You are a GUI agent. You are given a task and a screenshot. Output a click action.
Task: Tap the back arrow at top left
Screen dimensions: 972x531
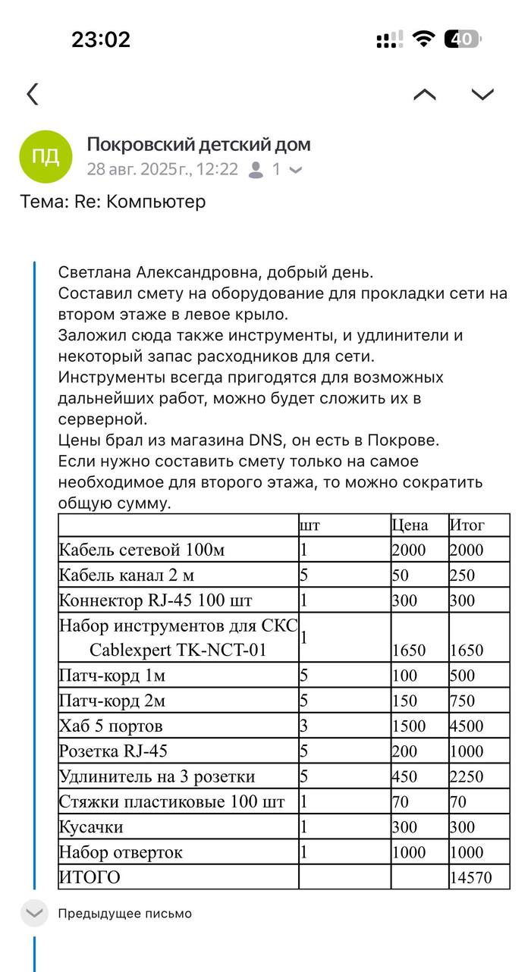point(32,94)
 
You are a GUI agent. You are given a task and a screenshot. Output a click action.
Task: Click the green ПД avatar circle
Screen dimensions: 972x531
point(46,156)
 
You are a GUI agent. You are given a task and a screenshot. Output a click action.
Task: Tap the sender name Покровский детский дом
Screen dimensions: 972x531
point(199,144)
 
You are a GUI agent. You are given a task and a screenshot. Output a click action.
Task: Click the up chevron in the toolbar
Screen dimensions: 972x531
point(425,94)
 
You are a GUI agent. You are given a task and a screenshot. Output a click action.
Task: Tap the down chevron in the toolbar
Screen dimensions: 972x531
point(482,94)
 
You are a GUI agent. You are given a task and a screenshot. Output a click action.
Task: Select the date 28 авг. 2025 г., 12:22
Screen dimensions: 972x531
point(162,169)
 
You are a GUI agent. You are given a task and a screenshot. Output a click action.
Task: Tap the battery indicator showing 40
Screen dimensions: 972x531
point(463,39)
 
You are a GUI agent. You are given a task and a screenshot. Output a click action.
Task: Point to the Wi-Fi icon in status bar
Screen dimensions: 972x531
point(423,39)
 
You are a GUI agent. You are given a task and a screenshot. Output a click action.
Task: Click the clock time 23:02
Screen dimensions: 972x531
point(101,39)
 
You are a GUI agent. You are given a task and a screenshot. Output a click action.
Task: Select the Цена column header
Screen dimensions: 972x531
point(410,525)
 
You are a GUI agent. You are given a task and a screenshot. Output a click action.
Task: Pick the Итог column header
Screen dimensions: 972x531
point(467,525)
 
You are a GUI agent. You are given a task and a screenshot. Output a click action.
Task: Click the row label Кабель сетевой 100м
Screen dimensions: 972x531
point(142,550)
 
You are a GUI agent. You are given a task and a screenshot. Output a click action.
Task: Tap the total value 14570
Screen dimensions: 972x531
point(471,877)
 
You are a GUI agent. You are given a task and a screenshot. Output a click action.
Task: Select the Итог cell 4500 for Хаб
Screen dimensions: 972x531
point(467,726)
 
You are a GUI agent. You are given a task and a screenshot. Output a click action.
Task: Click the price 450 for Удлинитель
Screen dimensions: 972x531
point(406,776)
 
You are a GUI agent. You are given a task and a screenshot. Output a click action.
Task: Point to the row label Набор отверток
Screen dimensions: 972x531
point(121,852)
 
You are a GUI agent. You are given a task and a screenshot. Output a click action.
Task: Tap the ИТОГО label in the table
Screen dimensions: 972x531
point(90,877)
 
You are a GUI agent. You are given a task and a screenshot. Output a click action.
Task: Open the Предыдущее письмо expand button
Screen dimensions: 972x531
point(34,914)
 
